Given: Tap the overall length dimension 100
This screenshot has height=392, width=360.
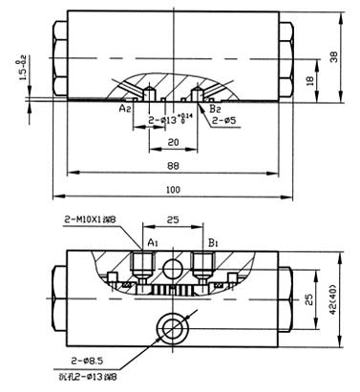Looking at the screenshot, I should [x=173, y=190].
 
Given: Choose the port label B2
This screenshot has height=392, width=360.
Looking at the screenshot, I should [x=216, y=110].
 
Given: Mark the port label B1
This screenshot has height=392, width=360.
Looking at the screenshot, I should [x=215, y=242].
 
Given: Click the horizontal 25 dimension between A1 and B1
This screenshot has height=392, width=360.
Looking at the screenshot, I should [x=175, y=219].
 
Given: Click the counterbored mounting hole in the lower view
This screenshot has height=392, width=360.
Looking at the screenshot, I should [x=175, y=327].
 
